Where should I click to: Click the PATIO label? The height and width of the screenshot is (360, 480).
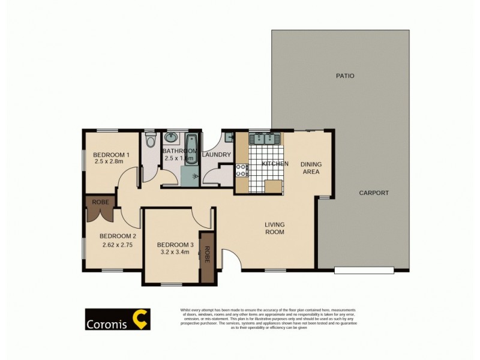(x=345, y=76)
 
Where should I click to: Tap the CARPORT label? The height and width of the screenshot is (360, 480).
(x=374, y=193)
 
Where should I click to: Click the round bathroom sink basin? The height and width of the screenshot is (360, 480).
(x=171, y=137)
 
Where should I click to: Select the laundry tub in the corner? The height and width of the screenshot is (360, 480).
(x=229, y=137)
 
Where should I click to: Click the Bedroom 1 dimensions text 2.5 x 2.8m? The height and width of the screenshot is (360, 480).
(x=109, y=161)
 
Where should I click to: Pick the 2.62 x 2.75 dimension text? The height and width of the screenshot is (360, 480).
(x=116, y=245)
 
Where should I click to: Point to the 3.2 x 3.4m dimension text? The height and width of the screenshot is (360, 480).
(x=173, y=253)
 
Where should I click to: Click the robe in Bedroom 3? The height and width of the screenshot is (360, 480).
(x=207, y=256)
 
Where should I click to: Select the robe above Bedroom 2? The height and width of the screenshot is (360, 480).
(x=100, y=207)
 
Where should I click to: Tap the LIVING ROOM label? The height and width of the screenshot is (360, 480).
(x=274, y=229)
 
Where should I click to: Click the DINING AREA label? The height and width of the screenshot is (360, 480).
(x=310, y=168)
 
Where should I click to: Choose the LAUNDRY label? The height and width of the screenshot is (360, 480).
(x=217, y=155)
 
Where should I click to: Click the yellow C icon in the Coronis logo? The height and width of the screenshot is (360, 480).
(x=140, y=319)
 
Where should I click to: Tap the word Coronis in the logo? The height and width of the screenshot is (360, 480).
(x=109, y=320)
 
